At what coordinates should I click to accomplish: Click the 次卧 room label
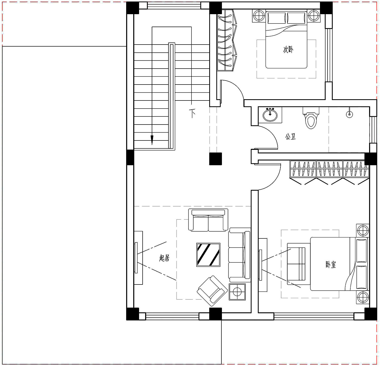[x=288, y=49]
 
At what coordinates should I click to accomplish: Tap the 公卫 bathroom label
[x=290, y=137]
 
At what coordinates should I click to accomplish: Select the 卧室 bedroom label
[x=331, y=265]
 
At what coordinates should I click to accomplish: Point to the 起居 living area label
[x=164, y=258]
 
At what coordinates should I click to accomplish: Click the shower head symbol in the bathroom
[x=349, y=114]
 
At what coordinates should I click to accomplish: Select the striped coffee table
[x=208, y=255]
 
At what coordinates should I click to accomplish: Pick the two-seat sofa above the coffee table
[x=208, y=220]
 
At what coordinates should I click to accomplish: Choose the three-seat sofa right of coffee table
[x=240, y=255]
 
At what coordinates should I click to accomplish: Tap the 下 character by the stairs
[x=193, y=113]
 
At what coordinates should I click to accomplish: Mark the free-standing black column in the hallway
[x=216, y=159]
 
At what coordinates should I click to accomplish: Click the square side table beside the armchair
[x=237, y=292]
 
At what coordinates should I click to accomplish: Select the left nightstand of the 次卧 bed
[x=259, y=16]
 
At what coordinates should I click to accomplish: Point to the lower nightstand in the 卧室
[x=363, y=297]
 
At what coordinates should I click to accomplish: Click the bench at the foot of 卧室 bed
[x=296, y=264]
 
